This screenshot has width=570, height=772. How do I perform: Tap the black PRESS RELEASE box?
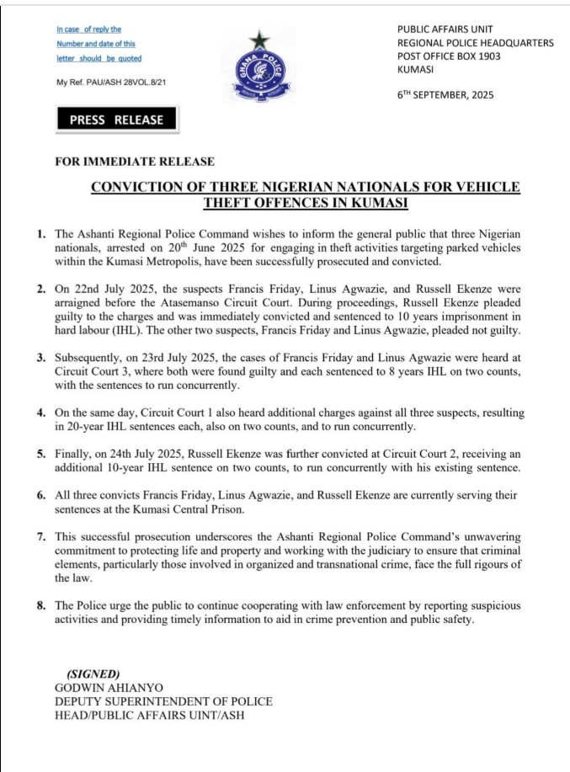117,120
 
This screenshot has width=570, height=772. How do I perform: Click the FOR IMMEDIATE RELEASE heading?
135,162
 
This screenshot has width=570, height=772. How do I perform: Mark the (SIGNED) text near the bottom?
93,674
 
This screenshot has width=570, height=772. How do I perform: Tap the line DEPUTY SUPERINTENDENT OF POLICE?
151,701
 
